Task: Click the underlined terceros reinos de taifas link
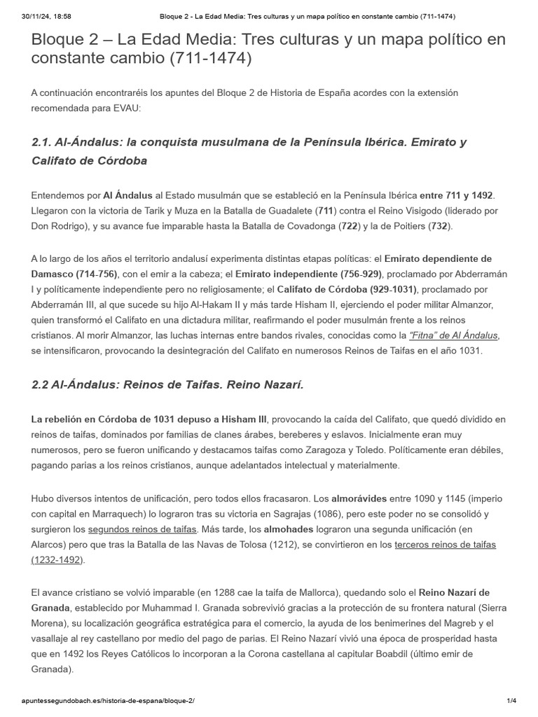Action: pyautogui.click(x=446, y=544)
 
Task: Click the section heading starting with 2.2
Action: pyautogui.click(x=167, y=384)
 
